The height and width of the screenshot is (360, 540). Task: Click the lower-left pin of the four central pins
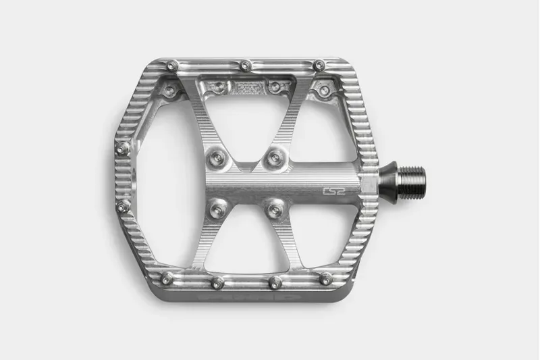tap(216, 210)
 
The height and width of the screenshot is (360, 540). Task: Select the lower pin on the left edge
tap(123, 206)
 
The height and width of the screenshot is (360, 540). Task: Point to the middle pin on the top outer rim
tap(246, 66)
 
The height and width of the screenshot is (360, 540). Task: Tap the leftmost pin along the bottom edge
tap(167, 278)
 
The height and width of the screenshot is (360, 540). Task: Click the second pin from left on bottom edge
tap(217, 282)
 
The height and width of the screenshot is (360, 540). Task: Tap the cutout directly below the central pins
tap(246, 250)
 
